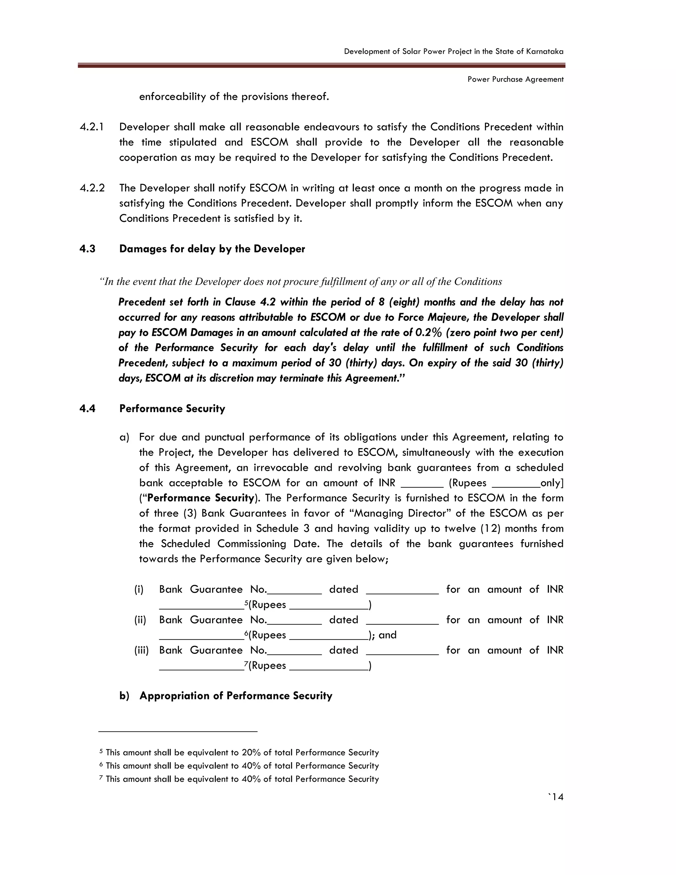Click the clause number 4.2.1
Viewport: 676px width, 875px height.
click(92, 127)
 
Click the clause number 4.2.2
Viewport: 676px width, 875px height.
click(92, 188)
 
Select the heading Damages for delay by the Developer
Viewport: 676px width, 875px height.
click(212, 249)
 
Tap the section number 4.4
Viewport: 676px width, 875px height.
click(87, 409)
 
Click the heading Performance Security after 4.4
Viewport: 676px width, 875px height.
click(172, 409)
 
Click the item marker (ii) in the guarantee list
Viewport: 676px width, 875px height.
click(140, 620)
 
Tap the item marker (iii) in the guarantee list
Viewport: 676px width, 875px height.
click(141, 650)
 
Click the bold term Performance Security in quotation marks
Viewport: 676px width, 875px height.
click(201, 498)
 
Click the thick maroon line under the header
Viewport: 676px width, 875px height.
click(321, 66)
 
